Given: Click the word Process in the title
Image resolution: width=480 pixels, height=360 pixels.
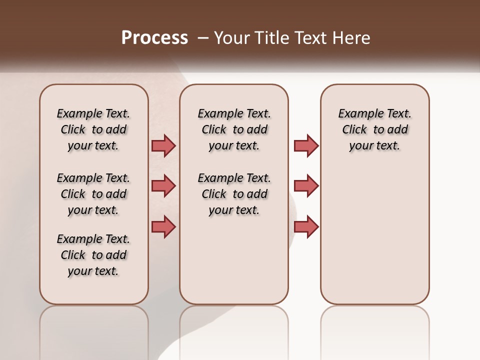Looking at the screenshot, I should (154, 38).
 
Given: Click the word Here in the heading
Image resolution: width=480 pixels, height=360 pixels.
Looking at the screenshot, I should (353, 38).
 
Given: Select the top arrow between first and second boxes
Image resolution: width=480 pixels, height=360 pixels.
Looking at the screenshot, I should (163, 145).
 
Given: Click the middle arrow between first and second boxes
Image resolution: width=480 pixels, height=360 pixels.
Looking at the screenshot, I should (163, 186).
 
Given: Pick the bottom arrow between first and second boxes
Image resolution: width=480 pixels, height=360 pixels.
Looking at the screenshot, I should (163, 226).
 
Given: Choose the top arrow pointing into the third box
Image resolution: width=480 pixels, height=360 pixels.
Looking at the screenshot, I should (306, 145).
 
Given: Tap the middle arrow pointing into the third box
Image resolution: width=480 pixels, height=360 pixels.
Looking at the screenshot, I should (306, 186).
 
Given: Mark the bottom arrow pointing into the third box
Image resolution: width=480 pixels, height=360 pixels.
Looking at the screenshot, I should (306, 226).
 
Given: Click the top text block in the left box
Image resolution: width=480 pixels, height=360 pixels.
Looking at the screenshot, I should (93, 129).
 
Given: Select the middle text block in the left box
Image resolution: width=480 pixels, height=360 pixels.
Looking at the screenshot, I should (93, 194).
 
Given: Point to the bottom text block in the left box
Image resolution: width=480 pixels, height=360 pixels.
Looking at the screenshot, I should (93, 255).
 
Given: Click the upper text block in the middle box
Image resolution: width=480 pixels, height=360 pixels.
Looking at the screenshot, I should (234, 129).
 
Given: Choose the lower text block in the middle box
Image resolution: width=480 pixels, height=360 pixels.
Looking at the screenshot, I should (234, 194).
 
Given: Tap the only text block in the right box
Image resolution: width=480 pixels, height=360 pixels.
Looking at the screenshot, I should (374, 129).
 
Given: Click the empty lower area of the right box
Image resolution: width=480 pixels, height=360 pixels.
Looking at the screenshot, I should (374, 240).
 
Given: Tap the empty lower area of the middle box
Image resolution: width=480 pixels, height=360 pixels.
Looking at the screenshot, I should (234, 260).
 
